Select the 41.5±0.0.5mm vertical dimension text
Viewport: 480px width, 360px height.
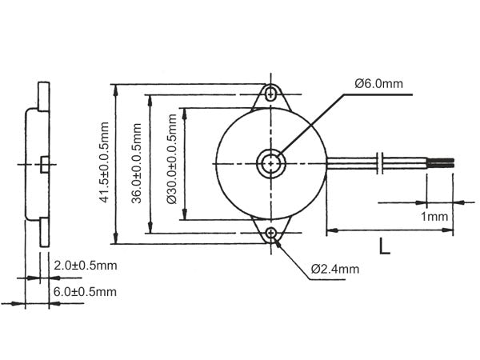point(104,163)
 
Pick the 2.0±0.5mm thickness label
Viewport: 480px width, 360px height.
point(85,265)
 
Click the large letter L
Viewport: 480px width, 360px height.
point(385,246)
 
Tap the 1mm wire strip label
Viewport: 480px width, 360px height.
point(432,217)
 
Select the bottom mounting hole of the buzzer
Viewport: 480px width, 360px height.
point(273,233)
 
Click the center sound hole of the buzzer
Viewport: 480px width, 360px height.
point(273,162)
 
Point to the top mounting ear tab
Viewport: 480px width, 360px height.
point(273,94)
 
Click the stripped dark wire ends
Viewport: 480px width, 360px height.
point(441,162)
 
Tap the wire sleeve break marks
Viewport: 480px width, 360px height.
point(382,162)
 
